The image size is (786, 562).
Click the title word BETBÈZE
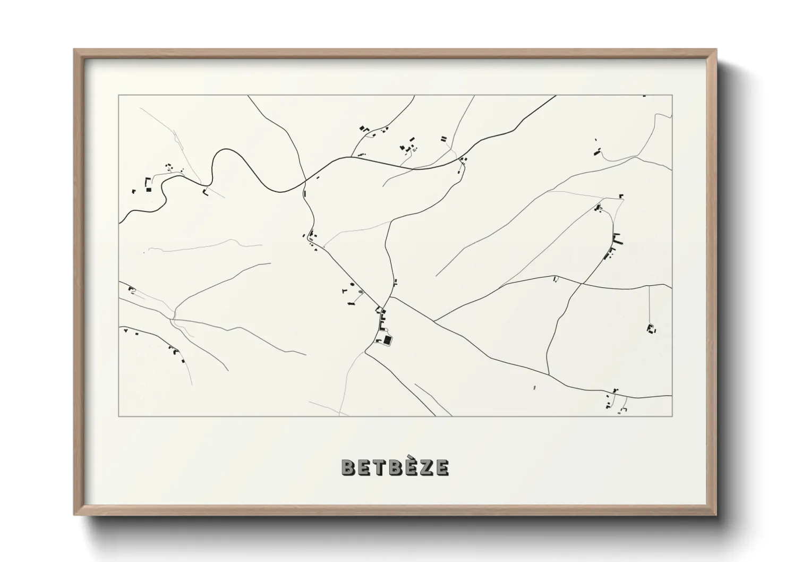(x=395, y=467)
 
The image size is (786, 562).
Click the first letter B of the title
(x=347, y=467)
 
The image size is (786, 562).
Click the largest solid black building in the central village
(x=388, y=340)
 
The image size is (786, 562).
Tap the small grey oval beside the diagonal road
(x=362, y=292)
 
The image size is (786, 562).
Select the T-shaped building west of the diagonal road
(x=345, y=291)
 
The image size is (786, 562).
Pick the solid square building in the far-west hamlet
(x=149, y=189)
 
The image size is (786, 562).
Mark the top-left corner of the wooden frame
(x=75, y=50)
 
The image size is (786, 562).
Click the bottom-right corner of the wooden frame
(x=715, y=514)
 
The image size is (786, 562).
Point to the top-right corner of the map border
(x=672, y=95)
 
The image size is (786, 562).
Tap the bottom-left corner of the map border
(x=119, y=416)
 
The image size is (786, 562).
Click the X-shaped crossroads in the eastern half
(x=581, y=284)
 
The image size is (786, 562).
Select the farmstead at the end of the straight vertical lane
(x=650, y=328)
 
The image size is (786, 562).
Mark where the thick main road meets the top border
(x=556, y=96)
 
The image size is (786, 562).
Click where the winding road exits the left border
(x=119, y=222)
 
